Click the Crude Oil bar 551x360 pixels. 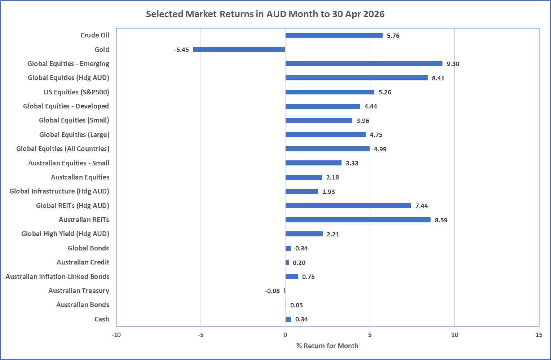tap(334, 35)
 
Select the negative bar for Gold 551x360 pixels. tap(239, 49)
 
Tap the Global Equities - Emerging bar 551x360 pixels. tap(364, 64)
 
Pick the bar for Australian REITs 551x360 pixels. tap(358, 220)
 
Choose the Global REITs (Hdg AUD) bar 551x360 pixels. tap(348, 206)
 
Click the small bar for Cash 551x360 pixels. tap(288, 319)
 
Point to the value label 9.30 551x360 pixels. tap(453, 64)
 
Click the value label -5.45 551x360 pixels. tap(181, 50)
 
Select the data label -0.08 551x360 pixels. tap(272, 291)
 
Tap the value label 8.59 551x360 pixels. tap(441, 220)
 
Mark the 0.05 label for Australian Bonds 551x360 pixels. tap(296, 305)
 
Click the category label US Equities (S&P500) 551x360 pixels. tap(76, 92)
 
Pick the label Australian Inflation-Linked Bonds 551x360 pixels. tap(57, 276)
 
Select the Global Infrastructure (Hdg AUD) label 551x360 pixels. tap(59, 191)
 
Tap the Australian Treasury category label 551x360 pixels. tap(79, 291)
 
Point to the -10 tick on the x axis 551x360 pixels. tap(116, 335)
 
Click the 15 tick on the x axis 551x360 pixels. tap(539, 335)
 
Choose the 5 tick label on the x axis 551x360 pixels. tap(370, 335)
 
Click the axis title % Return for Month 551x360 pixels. tap(327, 346)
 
